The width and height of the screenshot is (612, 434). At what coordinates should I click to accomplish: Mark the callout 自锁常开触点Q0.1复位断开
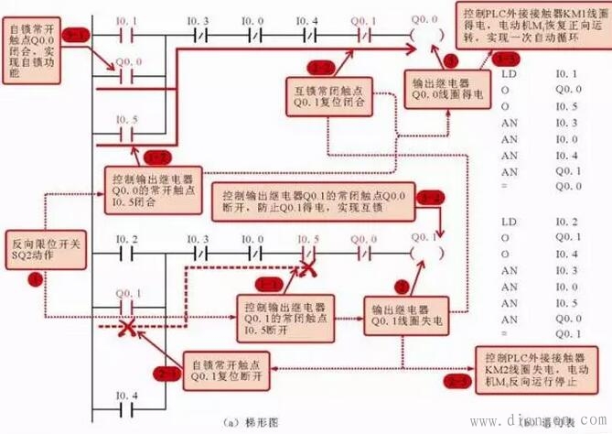[x=229, y=368]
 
